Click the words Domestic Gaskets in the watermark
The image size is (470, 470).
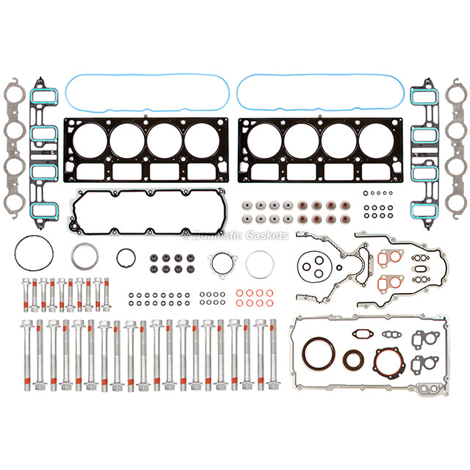pos(235,236)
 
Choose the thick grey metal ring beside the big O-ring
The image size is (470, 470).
pos(86,258)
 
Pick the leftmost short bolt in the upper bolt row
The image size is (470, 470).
pos(27,294)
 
